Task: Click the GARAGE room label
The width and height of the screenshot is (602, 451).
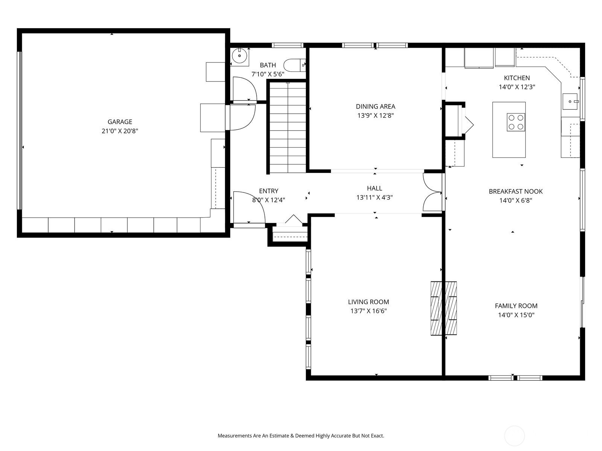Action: pyautogui.click(x=120, y=121)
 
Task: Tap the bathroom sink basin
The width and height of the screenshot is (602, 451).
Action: pyautogui.click(x=239, y=56)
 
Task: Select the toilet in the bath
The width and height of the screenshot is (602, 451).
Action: pyautogui.click(x=294, y=65)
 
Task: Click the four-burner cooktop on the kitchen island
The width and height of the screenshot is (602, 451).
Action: pyautogui.click(x=515, y=122)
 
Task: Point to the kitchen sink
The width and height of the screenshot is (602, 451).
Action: pyautogui.click(x=570, y=101)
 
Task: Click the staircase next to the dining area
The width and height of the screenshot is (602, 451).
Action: pyautogui.click(x=288, y=127)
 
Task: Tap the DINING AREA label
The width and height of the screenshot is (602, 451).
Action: pyautogui.click(x=375, y=106)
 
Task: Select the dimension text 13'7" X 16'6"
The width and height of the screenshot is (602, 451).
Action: pyautogui.click(x=369, y=311)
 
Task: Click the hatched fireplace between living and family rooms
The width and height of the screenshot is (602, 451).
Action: pyautogui.click(x=444, y=308)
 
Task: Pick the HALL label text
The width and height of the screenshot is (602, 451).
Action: pyautogui.click(x=374, y=188)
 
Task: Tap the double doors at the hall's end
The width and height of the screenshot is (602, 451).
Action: pyautogui.click(x=433, y=192)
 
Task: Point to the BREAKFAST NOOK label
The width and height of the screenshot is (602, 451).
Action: pyautogui.click(x=515, y=191)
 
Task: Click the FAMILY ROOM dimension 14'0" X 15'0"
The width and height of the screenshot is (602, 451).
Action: pyautogui.click(x=516, y=315)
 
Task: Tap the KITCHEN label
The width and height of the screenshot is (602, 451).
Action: pyautogui.click(x=517, y=78)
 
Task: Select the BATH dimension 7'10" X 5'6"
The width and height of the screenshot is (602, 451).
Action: pyautogui.click(x=268, y=74)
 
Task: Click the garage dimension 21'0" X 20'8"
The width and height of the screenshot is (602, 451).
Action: pyautogui.click(x=120, y=131)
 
